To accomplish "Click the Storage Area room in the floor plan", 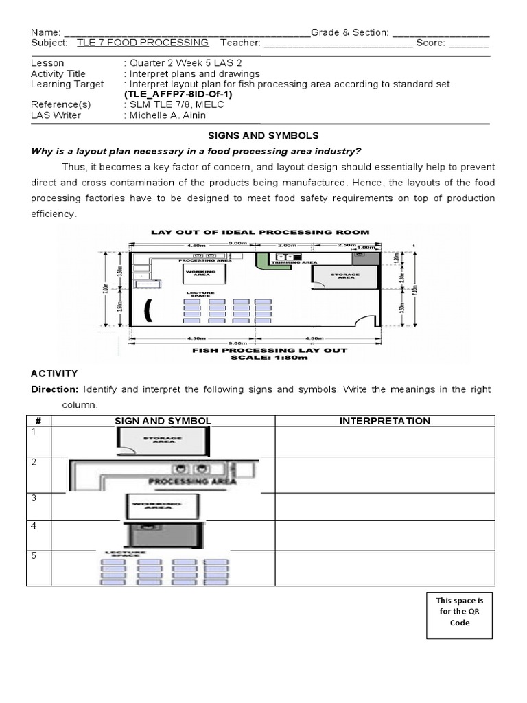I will [x=345, y=276].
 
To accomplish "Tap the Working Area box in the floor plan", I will [x=202, y=275].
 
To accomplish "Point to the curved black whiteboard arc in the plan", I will [x=147, y=310].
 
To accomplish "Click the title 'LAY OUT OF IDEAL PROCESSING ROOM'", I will [x=260, y=232].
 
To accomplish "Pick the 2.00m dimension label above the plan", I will [x=288, y=244].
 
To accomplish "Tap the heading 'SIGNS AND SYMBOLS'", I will [x=263, y=136].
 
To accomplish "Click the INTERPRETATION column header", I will [x=385, y=421].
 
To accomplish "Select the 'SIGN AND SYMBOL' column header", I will [x=163, y=421].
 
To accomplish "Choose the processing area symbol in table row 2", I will [x=163, y=474].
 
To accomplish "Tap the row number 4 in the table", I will [x=32, y=526].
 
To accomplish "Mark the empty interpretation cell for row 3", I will [x=385, y=507].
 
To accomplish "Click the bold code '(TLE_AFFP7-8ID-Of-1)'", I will [x=178, y=94].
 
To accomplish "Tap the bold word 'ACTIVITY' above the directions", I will [x=54, y=373].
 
